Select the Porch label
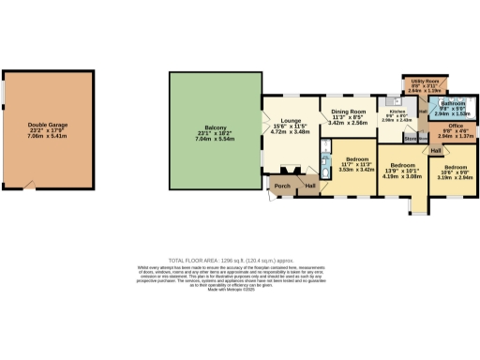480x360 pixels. pos(280,186)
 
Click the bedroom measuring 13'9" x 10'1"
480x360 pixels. pos(402,163)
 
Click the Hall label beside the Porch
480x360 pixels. pos(308,186)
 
